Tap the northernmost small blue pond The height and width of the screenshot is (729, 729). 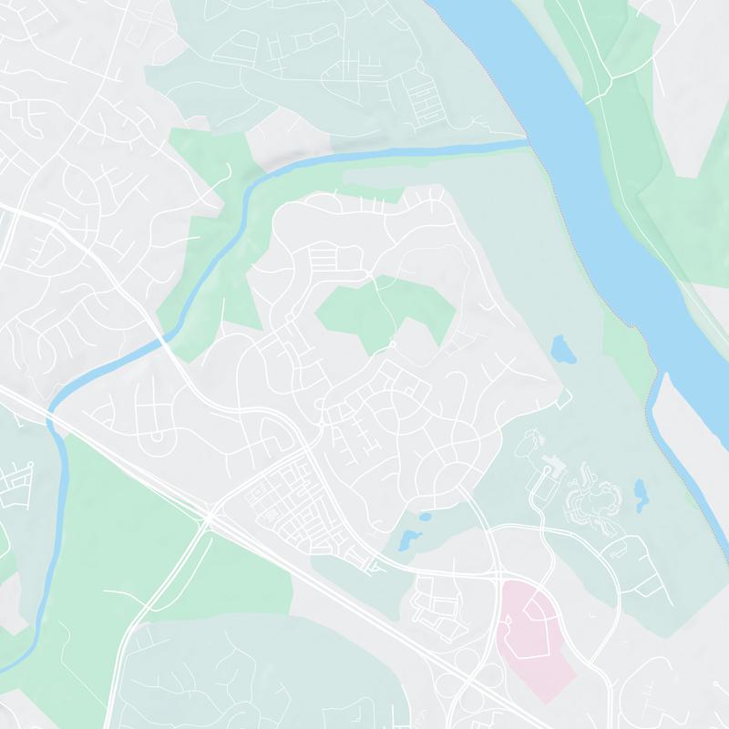point(560,347)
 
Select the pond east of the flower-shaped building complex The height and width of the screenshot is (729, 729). point(641,492)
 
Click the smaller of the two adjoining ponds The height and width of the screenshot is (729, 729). point(424,516)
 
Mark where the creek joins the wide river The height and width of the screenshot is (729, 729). point(527,141)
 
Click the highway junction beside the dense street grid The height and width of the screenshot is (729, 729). point(210,518)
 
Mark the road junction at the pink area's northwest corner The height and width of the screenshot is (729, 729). point(500,578)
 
